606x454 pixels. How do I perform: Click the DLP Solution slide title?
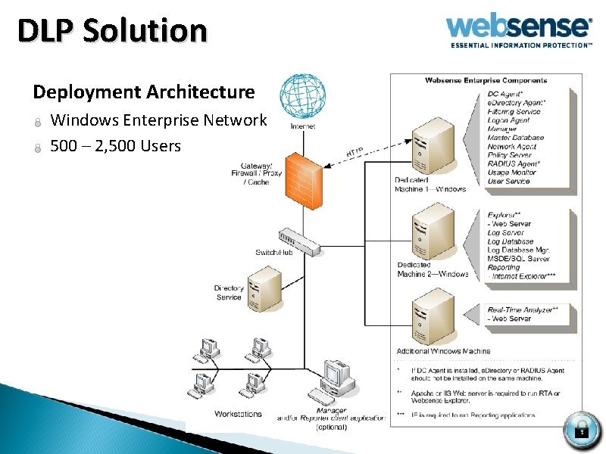[112, 31]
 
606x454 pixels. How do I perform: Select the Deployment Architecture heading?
[144, 92]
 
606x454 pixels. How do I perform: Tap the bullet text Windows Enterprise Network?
[158, 120]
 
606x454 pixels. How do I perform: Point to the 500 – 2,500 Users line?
[115, 145]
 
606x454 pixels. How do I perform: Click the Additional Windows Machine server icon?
[433, 321]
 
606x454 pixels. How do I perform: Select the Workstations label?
[238, 414]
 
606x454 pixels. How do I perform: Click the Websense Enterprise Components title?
[486, 80]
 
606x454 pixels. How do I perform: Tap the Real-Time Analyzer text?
[523, 309]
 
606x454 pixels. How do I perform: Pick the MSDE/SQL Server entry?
[519, 259]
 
